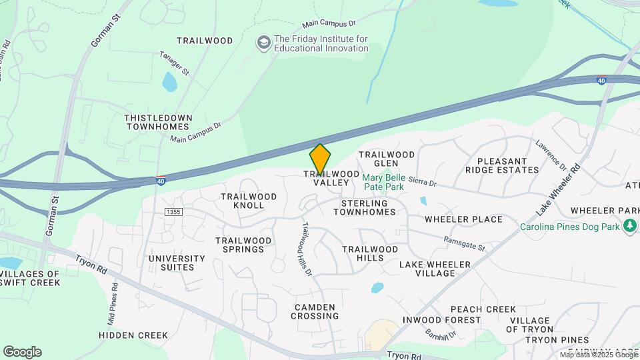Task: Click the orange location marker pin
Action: [x=320, y=159]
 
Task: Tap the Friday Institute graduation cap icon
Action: [x=263, y=43]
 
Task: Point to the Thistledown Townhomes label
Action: [x=159, y=122]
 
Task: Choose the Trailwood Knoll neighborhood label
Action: [x=249, y=201]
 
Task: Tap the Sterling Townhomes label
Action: [x=364, y=207]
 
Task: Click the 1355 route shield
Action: [x=173, y=211]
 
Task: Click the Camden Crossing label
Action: [x=315, y=311]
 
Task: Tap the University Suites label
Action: [x=177, y=263]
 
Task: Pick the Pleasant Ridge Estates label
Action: [x=508, y=165]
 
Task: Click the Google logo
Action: [x=22, y=352]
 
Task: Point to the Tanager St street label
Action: [x=175, y=63]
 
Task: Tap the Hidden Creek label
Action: [x=133, y=335]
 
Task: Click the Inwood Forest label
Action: [x=442, y=320]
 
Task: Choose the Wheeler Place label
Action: [x=463, y=219]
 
